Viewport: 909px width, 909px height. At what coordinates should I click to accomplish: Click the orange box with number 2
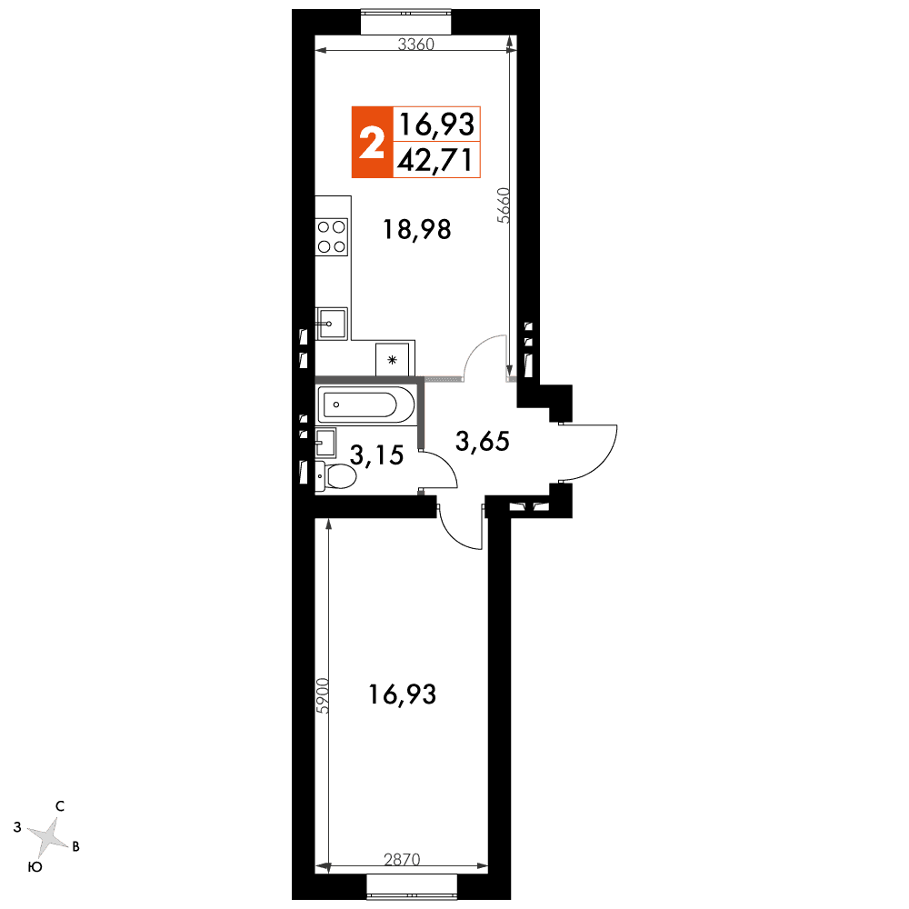point(372,142)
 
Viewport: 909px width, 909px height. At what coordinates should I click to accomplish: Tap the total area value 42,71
point(435,160)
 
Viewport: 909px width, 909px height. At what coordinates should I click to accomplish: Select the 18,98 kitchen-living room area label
point(417,230)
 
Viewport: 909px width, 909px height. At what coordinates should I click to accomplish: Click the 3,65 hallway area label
point(483,441)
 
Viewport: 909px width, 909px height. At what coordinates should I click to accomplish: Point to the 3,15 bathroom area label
point(377,455)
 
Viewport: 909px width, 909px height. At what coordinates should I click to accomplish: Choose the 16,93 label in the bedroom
point(403,694)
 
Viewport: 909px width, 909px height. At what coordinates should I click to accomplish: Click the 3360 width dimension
point(415,44)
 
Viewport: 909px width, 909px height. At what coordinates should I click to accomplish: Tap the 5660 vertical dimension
point(504,205)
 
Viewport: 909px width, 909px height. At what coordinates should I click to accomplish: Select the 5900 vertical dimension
point(323,695)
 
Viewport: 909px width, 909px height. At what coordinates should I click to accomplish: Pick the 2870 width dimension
point(402,859)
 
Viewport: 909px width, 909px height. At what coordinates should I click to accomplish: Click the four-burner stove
point(332,236)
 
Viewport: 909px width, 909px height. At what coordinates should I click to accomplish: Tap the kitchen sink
point(332,324)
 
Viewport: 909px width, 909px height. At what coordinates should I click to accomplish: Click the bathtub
point(365,405)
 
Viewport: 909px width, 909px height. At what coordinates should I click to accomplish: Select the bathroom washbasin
point(325,443)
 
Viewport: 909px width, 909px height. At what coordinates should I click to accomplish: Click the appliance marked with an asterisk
point(393,359)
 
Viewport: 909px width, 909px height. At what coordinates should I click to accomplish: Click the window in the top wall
point(405,22)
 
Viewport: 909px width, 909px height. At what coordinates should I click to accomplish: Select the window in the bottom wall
point(412,887)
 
